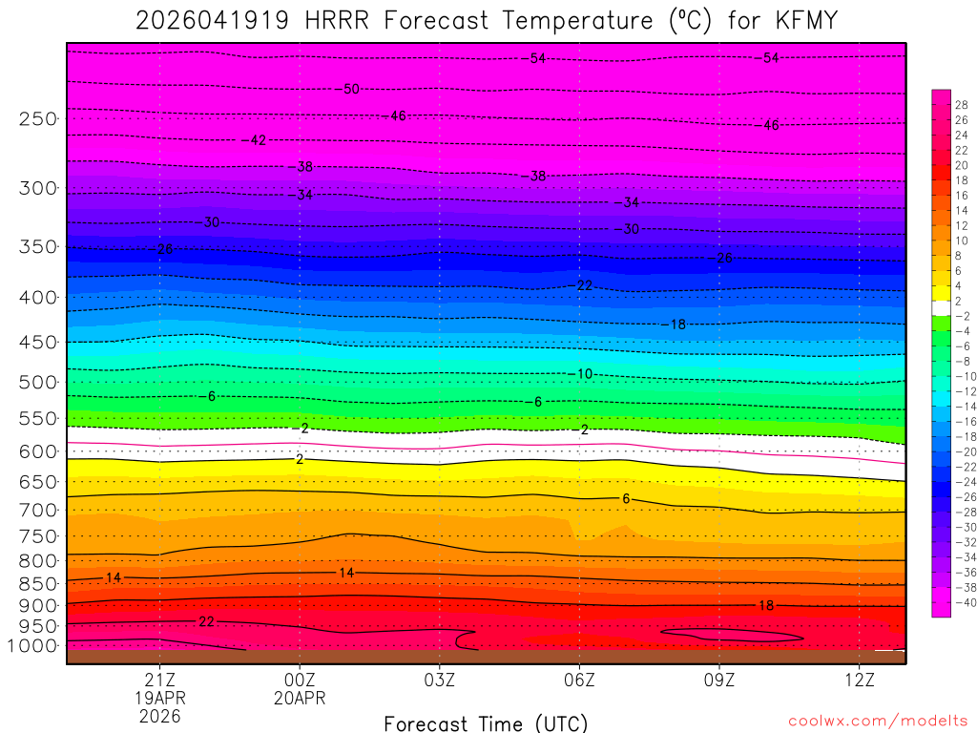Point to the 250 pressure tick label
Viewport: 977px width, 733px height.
tap(39, 119)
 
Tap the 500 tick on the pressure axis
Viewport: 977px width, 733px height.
tap(39, 383)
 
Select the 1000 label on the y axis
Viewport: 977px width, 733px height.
tap(34, 646)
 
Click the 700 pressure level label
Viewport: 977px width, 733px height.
tap(39, 510)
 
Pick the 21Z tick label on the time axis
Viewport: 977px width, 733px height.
tap(159, 680)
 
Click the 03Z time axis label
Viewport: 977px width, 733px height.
tap(439, 680)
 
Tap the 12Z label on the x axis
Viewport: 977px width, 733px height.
tap(860, 680)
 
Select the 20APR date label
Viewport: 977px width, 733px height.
tap(300, 698)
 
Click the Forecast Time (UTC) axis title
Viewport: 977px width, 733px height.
tap(486, 723)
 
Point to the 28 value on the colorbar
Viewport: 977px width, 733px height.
tap(962, 104)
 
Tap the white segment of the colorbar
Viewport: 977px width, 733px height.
tap(941, 308)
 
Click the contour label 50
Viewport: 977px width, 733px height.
tap(351, 89)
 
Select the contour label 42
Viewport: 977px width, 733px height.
tap(258, 140)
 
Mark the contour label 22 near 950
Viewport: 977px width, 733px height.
tap(206, 621)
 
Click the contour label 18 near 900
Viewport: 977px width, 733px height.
tap(766, 605)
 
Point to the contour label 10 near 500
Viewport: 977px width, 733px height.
tap(585, 373)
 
